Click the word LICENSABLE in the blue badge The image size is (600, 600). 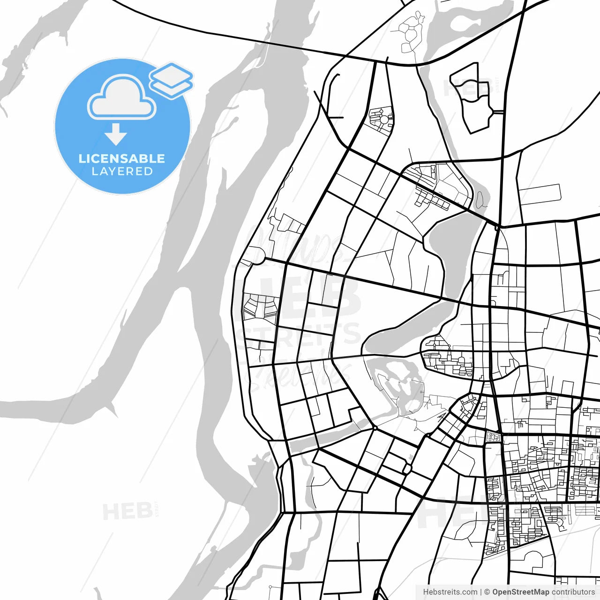click(122, 158)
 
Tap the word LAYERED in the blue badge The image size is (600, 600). click(122, 172)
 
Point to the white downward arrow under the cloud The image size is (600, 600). click(116, 135)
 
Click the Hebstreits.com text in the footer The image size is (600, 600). click(450, 592)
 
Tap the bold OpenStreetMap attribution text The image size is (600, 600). click(520, 592)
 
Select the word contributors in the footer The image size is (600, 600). click(573, 592)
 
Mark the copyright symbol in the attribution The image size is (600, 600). click(487, 592)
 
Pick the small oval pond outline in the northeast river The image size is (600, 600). click(480, 200)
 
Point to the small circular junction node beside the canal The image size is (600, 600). click(375, 427)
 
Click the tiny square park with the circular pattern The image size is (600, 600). click(493, 437)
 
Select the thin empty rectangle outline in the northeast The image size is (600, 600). click(540, 194)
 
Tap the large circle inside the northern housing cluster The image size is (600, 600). click(384, 120)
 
